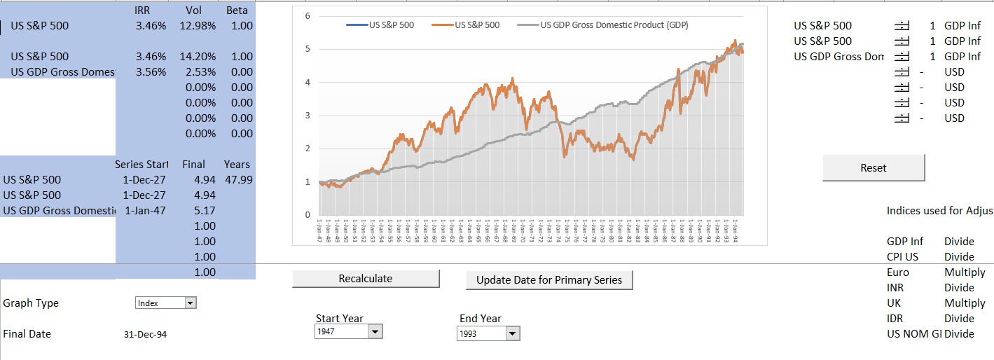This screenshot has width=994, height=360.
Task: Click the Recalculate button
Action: [365, 279]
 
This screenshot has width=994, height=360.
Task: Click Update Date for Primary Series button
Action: [549, 280]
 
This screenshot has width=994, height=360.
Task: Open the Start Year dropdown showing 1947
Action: [375, 332]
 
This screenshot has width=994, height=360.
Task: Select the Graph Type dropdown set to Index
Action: [190, 303]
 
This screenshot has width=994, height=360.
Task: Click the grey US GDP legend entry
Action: [613, 25]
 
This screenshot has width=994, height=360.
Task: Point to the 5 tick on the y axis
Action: [307, 49]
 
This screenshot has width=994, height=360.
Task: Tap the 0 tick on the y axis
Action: [307, 214]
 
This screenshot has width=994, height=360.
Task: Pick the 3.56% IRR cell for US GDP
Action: [151, 72]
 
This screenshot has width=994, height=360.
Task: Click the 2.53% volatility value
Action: [201, 72]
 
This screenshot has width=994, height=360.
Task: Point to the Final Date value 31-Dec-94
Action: [145, 335]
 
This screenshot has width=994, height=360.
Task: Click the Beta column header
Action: [237, 11]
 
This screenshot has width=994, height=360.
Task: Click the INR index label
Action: [896, 288]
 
